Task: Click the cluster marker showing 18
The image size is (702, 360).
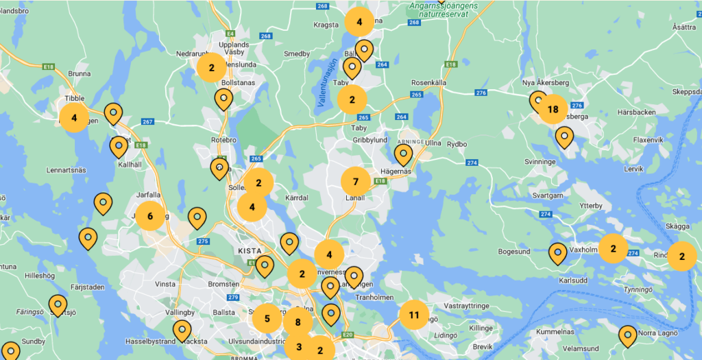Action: click(553, 108)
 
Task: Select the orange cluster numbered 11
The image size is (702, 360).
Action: click(413, 315)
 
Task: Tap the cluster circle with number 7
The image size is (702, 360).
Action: click(355, 182)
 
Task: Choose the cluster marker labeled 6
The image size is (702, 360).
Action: click(150, 216)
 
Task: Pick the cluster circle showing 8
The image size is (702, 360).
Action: click(298, 322)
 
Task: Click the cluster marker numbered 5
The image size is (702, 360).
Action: click(267, 318)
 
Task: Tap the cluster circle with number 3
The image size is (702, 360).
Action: click(299, 347)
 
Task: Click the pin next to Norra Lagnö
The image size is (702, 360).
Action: click(627, 335)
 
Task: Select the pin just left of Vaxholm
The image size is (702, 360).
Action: click(557, 253)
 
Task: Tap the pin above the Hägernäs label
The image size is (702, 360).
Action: click(403, 154)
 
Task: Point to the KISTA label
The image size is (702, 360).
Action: click(249, 251)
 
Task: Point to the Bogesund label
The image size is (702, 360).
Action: click(514, 252)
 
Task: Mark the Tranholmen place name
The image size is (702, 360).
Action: click(375, 297)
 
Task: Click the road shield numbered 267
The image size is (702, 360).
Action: click(147, 122)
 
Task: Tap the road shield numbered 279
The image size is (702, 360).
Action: click(233, 297)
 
